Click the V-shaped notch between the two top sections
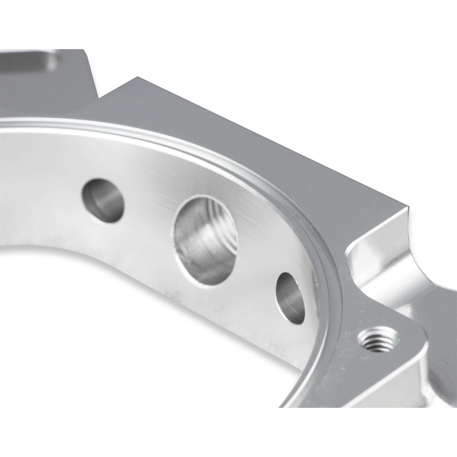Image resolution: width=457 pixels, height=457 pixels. pos(99,97)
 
